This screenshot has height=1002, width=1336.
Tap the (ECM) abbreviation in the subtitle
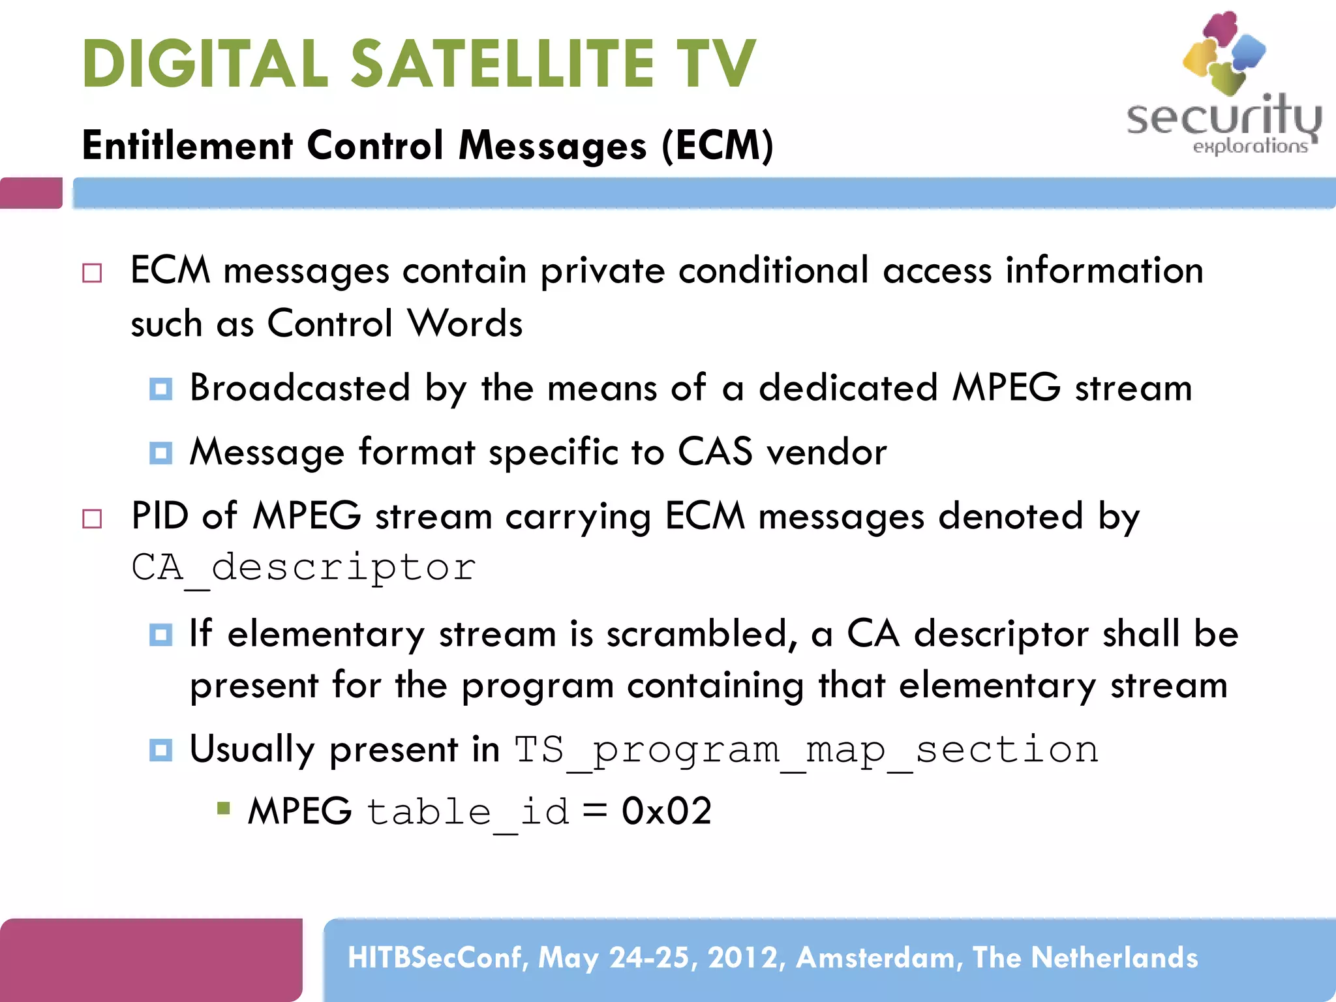point(718,145)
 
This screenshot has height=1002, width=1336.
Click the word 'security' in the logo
point(1223,117)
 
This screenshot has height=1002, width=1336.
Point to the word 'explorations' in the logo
point(1250,146)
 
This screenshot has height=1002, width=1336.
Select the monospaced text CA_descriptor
point(304,568)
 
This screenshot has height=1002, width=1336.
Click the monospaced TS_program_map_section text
point(806,750)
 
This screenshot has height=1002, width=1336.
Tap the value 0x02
point(666,812)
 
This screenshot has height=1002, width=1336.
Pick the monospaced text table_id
point(468,813)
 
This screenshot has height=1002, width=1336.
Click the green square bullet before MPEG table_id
point(224,810)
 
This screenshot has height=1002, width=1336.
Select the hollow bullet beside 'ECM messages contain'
point(92,273)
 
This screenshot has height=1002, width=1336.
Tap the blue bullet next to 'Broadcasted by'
point(160,389)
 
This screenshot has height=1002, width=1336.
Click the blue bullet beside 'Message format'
point(160,453)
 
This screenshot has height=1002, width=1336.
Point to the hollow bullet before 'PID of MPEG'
point(92,519)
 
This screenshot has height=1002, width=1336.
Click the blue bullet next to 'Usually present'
point(160,750)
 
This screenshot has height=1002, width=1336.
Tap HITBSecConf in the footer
point(438,958)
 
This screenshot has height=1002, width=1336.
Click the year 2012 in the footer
point(742,958)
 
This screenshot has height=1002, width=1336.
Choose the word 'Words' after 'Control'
point(464,324)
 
